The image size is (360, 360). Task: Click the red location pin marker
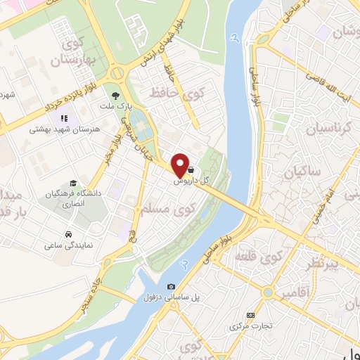coord(180,165)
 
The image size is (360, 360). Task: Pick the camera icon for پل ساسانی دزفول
coord(172,286)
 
